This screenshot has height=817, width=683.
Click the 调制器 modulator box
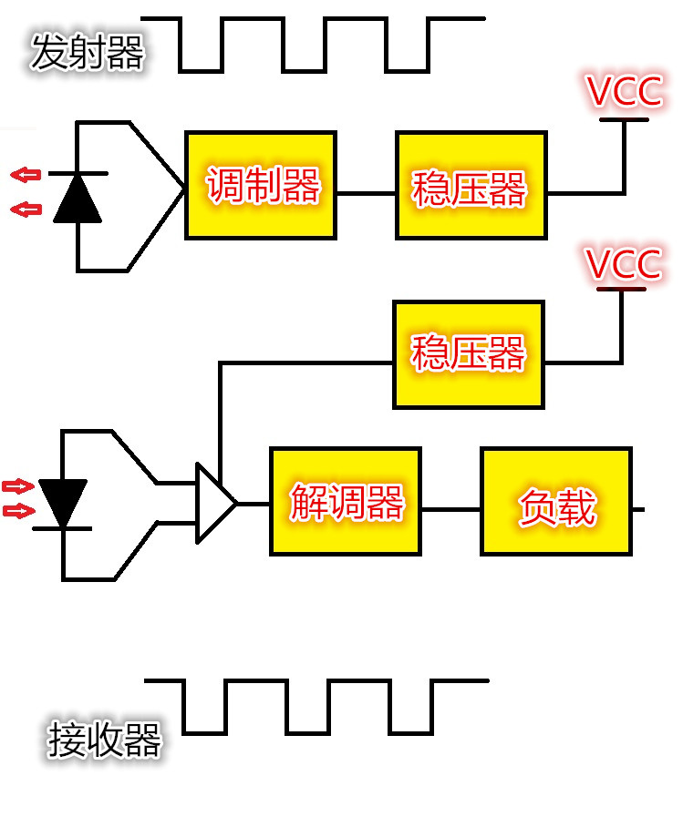(x=261, y=186)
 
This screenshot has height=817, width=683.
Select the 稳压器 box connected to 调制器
(x=471, y=186)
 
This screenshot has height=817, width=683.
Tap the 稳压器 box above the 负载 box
(x=469, y=354)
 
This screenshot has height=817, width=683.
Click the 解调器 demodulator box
(x=346, y=501)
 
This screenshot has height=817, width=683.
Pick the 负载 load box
(x=557, y=501)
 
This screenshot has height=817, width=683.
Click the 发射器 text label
(x=88, y=52)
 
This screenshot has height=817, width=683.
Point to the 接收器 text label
(x=104, y=740)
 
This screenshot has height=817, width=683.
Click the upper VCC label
(x=625, y=92)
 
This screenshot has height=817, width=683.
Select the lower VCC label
(x=624, y=263)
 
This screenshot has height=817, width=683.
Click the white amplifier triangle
(x=214, y=504)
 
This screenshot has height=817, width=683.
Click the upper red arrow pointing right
(x=18, y=486)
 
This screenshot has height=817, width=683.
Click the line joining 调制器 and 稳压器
(x=366, y=193)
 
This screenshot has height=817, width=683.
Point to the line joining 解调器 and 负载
(x=450, y=509)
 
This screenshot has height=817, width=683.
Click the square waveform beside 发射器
(x=313, y=45)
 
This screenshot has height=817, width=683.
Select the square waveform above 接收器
(x=316, y=707)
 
